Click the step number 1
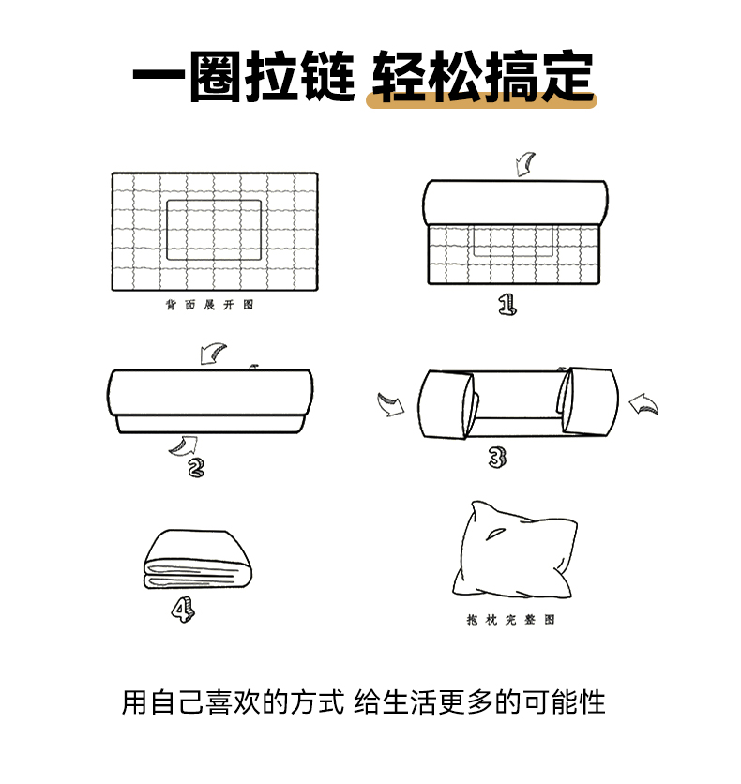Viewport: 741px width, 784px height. click(x=507, y=304)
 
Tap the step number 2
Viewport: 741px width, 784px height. click(x=196, y=468)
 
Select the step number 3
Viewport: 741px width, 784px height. click(x=497, y=457)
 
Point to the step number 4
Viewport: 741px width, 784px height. click(x=183, y=609)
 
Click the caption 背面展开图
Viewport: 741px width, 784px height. click(x=210, y=305)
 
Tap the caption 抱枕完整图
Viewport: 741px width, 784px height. click(x=511, y=620)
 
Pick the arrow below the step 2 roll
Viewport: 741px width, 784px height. click(x=184, y=445)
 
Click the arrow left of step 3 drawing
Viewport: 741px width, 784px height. click(x=390, y=404)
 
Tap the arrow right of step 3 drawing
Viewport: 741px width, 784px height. click(x=643, y=404)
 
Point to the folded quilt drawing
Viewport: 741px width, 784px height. click(x=198, y=560)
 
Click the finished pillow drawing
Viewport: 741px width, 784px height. click(x=515, y=550)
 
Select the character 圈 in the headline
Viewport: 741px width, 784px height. click(x=215, y=77)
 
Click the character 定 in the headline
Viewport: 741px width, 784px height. click(x=567, y=77)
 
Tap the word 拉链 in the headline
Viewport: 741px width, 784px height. click(x=299, y=77)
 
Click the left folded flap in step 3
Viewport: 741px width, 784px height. click(x=446, y=405)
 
